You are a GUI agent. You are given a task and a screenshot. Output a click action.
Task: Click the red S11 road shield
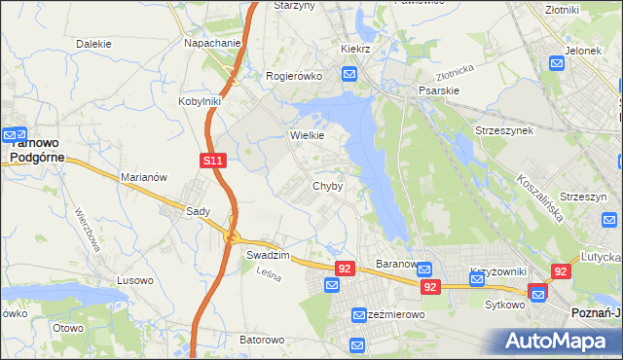[x=215, y=161]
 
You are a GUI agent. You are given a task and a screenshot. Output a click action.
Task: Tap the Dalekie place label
[x=93, y=44]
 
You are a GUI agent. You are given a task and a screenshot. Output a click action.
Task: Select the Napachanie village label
[x=212, y=44]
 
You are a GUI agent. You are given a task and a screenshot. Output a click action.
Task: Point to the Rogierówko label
[x=294, y=76]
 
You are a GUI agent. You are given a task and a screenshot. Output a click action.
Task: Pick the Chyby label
[x=327, y=186]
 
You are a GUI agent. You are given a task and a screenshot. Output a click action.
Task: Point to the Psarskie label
[x=438, y=90]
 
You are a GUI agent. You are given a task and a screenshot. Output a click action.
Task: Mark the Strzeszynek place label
[x=503, y=129]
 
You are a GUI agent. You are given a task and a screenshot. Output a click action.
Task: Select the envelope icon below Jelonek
[x=557, y=64]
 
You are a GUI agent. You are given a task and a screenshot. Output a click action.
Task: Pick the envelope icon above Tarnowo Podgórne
[x=15, y=135]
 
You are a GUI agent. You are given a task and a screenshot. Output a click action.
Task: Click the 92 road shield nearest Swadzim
[x=344, y=268]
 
